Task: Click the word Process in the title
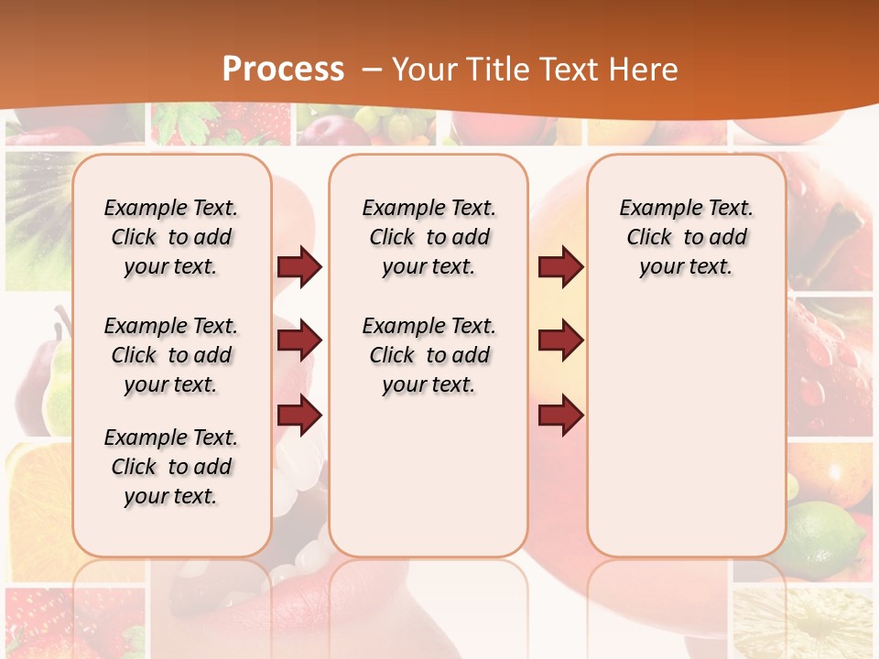click(283, 70)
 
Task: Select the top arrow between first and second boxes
click(299, 266)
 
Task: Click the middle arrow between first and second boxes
click(299, 340)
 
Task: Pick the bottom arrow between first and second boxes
click(299, 416)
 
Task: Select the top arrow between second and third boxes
click(560, 266)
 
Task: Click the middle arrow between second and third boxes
click(560, 340)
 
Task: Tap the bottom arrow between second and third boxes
click(560, 416)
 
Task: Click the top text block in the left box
click(171, 237)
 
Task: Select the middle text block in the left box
click(171, 355)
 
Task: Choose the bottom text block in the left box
click(171, 467)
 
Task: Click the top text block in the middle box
click(429, 237)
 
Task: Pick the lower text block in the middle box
click(429, 355)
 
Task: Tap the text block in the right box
click(687, 237)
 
